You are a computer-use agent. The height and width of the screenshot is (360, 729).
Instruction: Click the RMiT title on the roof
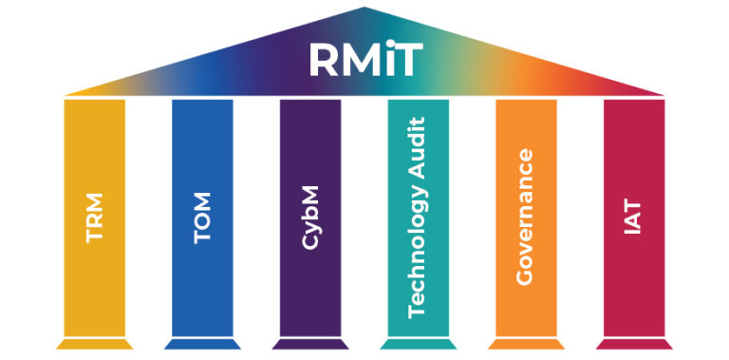click(364, 59)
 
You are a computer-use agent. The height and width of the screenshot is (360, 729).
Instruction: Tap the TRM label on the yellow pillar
click(94, 218)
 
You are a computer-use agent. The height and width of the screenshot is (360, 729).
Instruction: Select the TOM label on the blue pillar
click(202, 218)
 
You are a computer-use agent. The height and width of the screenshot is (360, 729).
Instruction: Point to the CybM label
click(310, 218)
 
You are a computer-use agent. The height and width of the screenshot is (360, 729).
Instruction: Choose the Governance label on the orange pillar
click(527, 218)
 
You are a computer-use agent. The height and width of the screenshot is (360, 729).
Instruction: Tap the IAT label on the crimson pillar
click(634, 218)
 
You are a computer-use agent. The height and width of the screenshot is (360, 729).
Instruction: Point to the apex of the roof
click(364, 9)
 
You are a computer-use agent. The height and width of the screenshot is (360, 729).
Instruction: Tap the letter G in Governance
click(527, 276)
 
